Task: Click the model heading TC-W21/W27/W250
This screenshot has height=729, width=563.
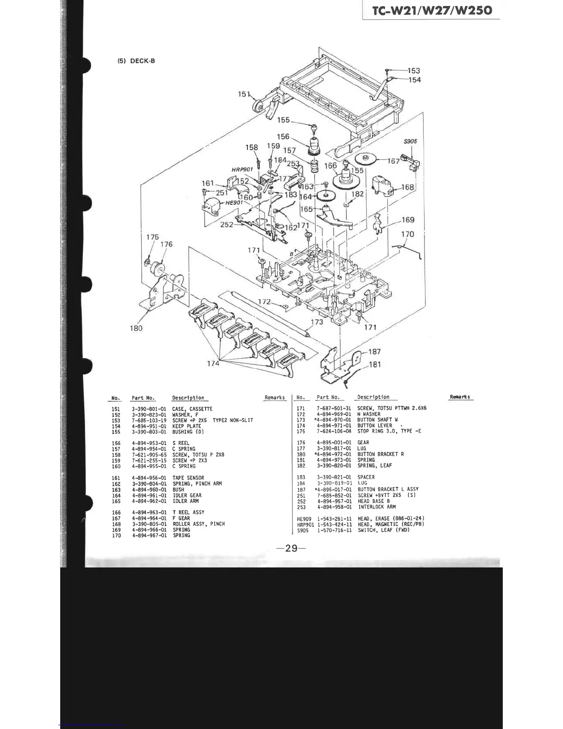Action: point(432,11)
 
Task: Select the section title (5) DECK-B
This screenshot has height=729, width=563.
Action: point(136,61)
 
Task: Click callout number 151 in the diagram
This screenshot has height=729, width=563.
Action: point(244,94)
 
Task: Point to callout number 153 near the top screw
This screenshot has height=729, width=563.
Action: point(414,70)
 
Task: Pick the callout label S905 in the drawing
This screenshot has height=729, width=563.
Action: point(410,141)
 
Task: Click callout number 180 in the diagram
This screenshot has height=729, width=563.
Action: point(136,328)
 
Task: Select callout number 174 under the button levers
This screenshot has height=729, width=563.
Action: point(213,363)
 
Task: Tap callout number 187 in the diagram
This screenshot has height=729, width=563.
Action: point(374,352)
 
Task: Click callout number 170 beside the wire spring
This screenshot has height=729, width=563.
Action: point(408,234)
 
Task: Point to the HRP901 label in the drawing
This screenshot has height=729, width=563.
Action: point(242,169)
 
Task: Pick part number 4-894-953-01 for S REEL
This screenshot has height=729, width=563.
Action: point(149,443)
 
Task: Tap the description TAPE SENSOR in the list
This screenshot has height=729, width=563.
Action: point(188,478)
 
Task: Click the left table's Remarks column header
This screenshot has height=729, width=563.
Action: point(275,398)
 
